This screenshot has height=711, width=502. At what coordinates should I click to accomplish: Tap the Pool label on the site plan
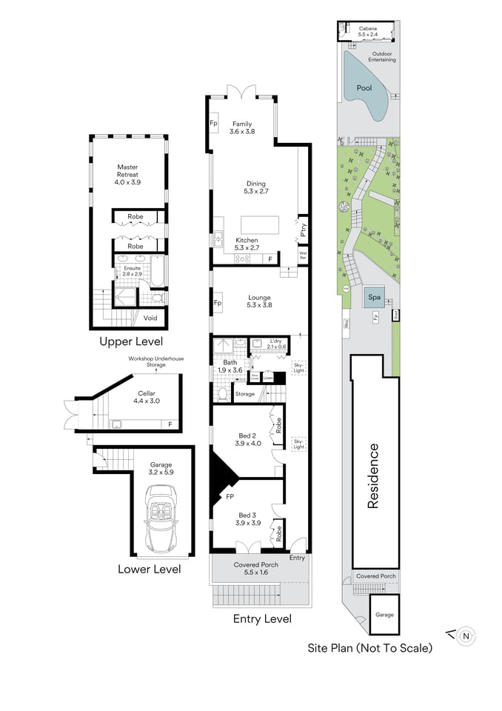tap(364, 88)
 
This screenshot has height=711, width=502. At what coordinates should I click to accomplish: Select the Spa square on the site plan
tap(375, 298)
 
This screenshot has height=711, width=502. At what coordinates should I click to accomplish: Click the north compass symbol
tap(466, 635)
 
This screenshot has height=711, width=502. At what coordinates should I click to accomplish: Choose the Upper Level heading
tap(131, 341)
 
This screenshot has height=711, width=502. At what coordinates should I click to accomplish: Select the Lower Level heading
tap(149, 569)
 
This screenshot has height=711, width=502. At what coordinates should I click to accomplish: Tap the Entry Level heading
tap(262, 618)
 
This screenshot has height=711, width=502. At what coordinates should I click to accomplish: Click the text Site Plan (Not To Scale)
tap(369, 648)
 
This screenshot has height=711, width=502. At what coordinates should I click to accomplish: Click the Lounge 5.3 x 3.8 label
tap(259, 301)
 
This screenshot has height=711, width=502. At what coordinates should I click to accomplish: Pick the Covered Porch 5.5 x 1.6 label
tap(256, 569)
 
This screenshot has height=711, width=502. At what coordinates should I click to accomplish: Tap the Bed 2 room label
tap(247, 439)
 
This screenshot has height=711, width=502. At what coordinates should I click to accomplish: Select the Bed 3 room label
tap(247, 518)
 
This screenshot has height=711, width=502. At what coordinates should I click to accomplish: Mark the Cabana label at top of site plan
tap(368, 30)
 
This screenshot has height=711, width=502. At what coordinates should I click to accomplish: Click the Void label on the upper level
tap(150, 318)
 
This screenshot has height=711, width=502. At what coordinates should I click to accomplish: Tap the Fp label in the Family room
tap(213, 123)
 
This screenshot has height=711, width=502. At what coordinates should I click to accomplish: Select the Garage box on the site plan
tap(384, 614)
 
